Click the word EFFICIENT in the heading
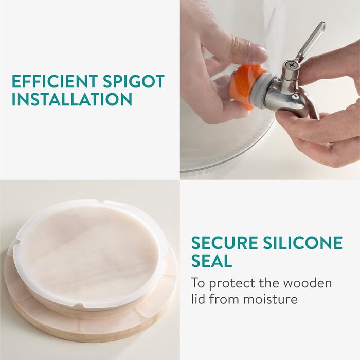pyautogui.click(x=55, y=81)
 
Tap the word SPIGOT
pyautogui.click(x=134, y=81)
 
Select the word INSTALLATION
pyautogui.click(x=72, y=99)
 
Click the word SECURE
pyautogui.click(x=224, y=243)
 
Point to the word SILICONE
pyautogui.click(x=303, y=243)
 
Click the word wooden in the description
pyautogui.click(x=308, y=283)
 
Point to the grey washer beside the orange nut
pyautogui.click(x=261, y=87)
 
